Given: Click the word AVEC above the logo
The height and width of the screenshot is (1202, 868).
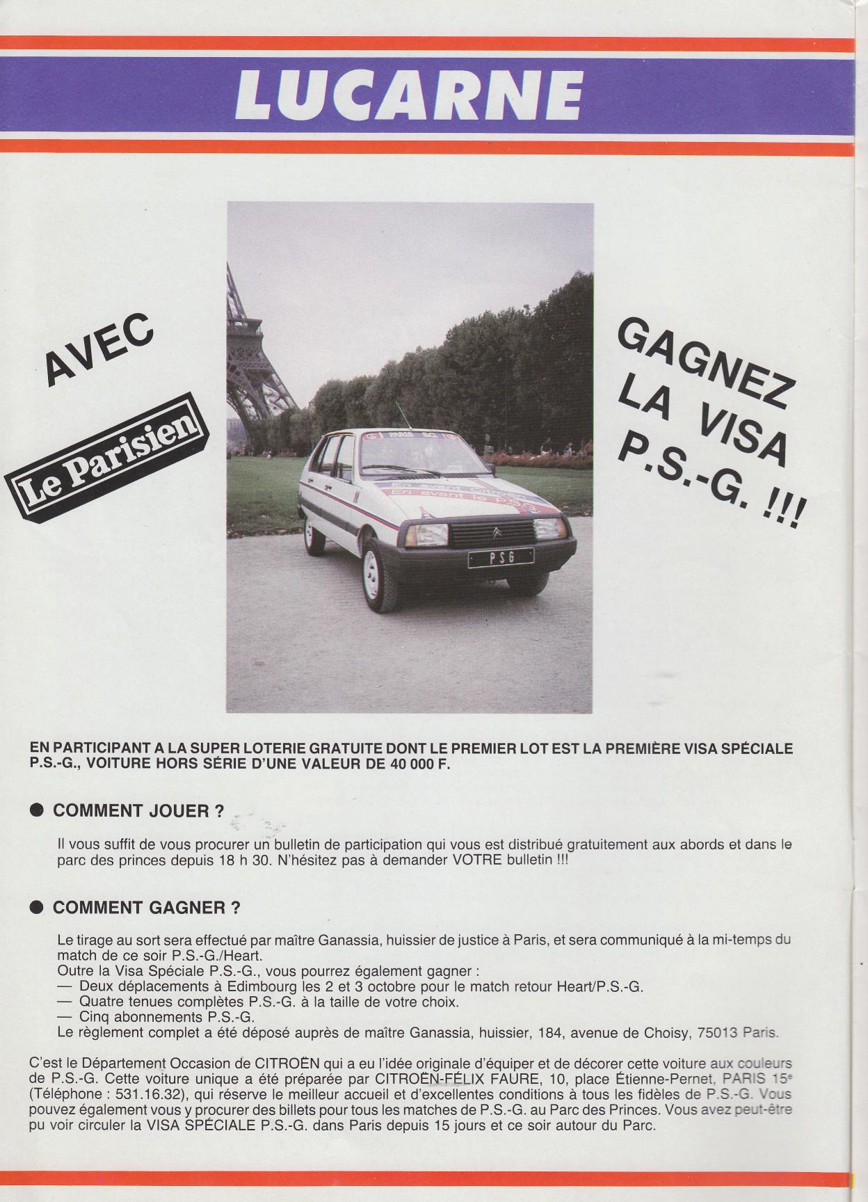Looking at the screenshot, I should coord(99,349).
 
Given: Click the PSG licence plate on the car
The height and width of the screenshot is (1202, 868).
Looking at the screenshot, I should coord(501,556).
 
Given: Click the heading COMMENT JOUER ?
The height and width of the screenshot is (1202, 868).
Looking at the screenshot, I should coord(138,811).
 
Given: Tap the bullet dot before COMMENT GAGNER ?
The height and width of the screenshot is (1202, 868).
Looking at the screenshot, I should coord(38,908).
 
